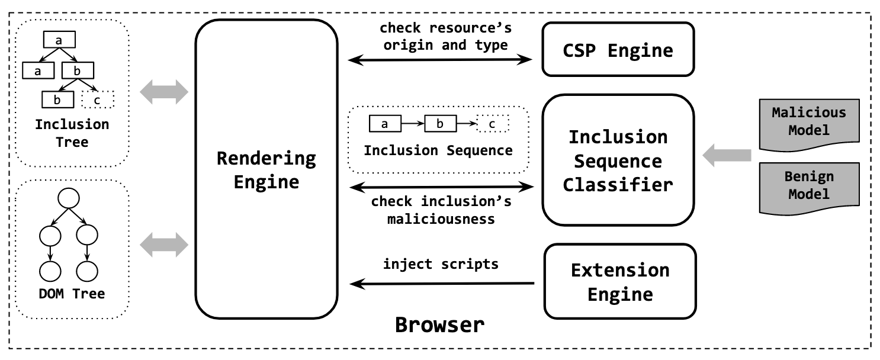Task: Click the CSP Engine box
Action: pyautogui.click(x=618, y=50)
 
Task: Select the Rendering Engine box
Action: pyautogui.click(x=266, y=170)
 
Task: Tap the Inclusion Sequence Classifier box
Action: pyautogui.click(x=618, y=160)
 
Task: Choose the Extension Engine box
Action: pyautogui.click(x=619, y=282)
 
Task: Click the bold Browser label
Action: pyautogui.click(x=439, y=324)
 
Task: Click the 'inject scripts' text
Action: pyautogui.click(x=441, y=264)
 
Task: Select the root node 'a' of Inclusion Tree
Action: pyautogui.click(x=59, y=40)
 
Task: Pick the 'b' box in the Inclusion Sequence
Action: pyautogui.click(x=440, y=124)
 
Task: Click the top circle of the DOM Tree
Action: pyautogui.click(x=67, y=198)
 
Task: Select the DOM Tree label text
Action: pyautogui.click(x=70, y=294)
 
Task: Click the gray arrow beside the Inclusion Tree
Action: pyautogui.click(x=163, y=92)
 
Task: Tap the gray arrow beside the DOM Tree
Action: pyautogui.click(x=163, y=243)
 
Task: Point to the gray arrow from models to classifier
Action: pyautogui.click(x=726, y=156)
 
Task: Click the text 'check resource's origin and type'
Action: pyautogui.click(x=445, y=37)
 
